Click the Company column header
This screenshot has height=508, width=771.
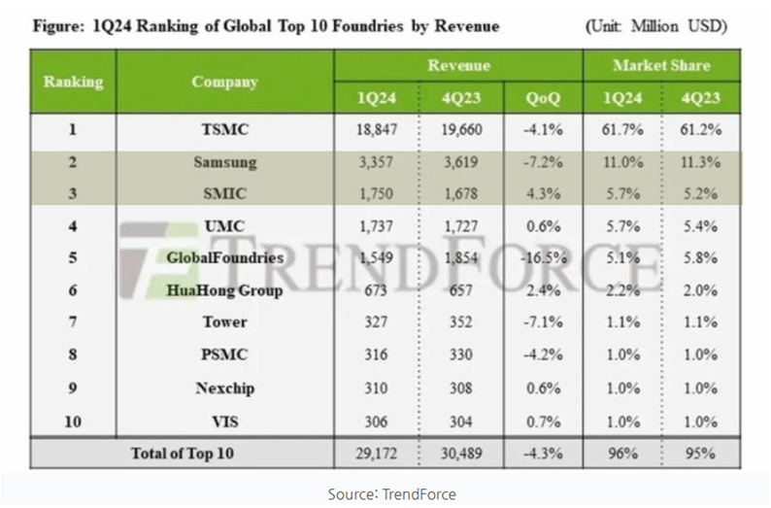pos(224,82)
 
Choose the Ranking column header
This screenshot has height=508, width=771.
pos(73,82)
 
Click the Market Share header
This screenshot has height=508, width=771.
pos(660,66)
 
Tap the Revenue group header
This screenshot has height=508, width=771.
pos(458,66)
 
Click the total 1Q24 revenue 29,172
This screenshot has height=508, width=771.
pos(376,453)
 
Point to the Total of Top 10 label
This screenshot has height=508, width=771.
pos(182,453)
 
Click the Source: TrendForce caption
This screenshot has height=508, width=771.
pos(391,493)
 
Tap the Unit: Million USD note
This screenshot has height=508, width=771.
pos(656,26)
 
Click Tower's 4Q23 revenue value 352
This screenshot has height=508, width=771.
pos(460,322)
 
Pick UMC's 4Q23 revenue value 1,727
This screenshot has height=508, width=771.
pos(460,226)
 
